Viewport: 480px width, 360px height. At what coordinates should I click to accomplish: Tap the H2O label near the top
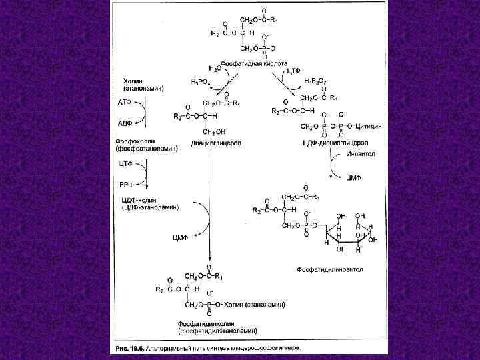click(215, 68)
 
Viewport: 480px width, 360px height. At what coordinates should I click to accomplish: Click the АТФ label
click(126, 103)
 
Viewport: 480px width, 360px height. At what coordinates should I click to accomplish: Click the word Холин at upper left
click(133, 81)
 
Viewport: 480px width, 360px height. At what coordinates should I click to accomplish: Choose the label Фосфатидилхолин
click(209, 323)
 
